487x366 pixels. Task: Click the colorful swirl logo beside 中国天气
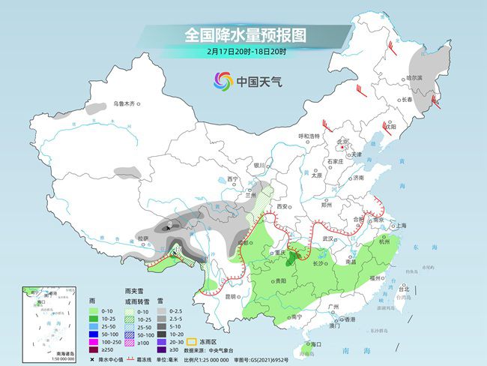click(x=222, y=80)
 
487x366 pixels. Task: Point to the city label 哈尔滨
click(x=414, y=77)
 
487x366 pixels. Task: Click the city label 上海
click(x=401, y=225)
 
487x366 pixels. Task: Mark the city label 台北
click(x=404, y=288)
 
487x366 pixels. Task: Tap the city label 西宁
click(x=232, y=179)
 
